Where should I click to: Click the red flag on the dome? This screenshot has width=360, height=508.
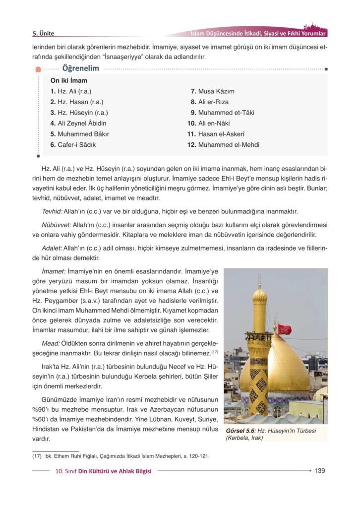coord(285,329)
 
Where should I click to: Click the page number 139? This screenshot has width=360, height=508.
coord(319,470)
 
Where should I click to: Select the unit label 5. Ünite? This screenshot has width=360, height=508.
coord(43,34)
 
